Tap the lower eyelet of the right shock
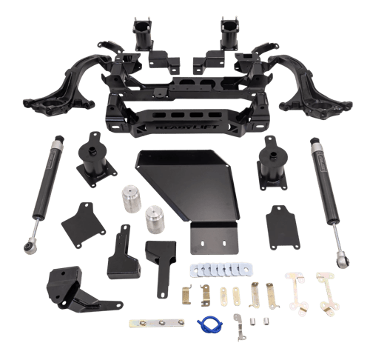click(x=343, y=261)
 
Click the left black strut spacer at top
click(x=142, y=33)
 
